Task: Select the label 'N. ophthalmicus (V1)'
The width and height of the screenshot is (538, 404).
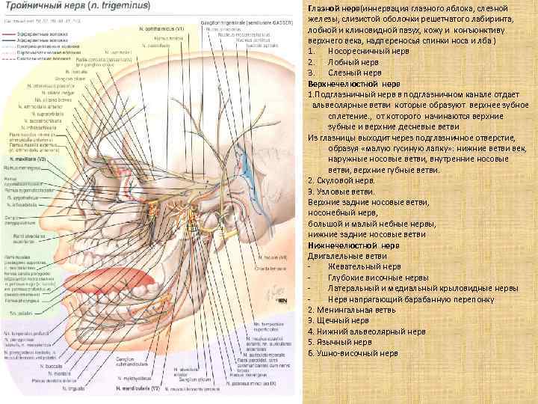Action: pyautogui.click(x=161, y=28)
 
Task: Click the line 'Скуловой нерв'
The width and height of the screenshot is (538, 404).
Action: pyautogui.click(x=340, y=180)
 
